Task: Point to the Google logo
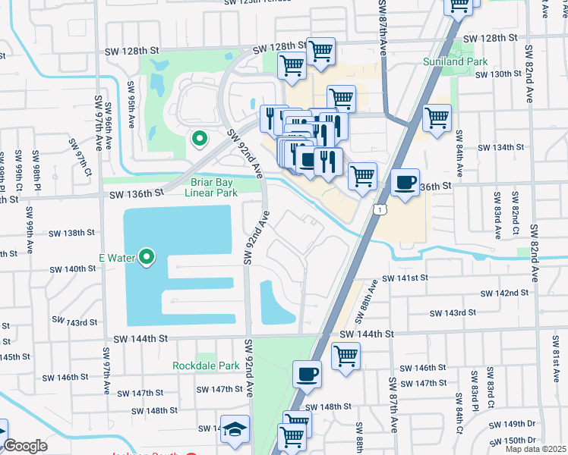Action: click(25, 446)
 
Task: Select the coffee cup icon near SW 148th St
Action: click(307, 374)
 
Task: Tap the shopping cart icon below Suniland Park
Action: click(437, 118)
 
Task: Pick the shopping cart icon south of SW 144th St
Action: click(346, 355)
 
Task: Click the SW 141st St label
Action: click(406, 278)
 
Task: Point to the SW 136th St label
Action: click(137, 194)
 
